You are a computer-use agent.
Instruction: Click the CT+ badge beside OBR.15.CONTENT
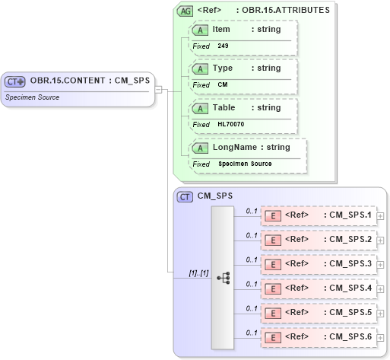click(16, 81)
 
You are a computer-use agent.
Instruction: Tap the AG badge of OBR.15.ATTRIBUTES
click(185, 11)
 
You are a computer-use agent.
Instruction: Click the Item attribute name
click(221, 30)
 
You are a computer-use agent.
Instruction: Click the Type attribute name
click(223, 68)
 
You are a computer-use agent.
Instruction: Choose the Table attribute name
click(224, 108)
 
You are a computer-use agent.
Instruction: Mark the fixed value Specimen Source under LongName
click(245, 164)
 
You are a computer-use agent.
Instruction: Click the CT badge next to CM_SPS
click(184, 196)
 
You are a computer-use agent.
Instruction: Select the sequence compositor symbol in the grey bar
click(223, 278)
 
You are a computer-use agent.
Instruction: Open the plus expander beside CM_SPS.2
click(381, 241)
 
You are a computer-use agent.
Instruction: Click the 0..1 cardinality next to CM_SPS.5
click(252, 307)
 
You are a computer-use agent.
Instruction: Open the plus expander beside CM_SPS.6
click(381, 338)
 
